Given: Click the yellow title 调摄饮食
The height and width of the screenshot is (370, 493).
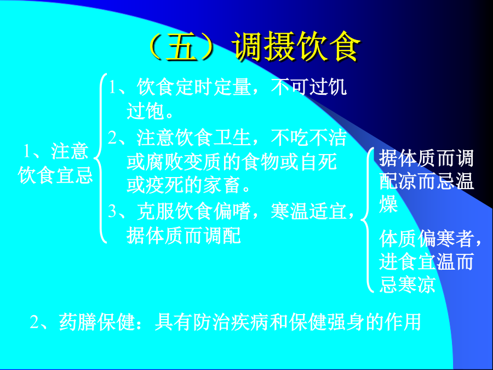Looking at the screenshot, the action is [297, 47].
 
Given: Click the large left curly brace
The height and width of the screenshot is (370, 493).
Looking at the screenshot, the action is [100, 158].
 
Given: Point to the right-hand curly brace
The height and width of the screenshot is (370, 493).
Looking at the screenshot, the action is [367, 220].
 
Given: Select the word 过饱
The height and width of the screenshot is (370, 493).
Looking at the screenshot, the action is [145, 111].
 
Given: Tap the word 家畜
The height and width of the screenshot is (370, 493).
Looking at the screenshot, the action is [222, 185].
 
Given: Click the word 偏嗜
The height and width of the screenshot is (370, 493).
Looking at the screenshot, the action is [231, 211].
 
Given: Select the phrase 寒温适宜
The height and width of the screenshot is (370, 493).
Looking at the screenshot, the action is [308, 211].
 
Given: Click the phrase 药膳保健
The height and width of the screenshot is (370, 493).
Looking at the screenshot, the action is [97, 322].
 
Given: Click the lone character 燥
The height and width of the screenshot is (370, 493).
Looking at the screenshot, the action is [388, 204].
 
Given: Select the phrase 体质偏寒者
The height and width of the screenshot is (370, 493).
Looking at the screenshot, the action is [426, 238].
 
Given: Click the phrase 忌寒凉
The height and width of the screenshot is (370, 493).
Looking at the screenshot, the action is [407, 284].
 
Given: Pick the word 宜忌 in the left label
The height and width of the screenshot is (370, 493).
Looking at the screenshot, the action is [74, 175].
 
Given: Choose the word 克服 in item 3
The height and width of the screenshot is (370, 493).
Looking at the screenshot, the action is [155, 211].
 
